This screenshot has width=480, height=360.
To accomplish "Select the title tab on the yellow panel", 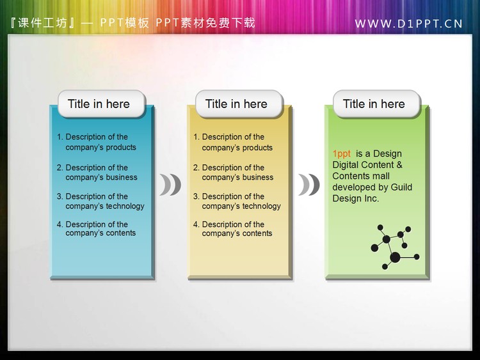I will (236, 104).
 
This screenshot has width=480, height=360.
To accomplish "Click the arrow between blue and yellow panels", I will (170, 185).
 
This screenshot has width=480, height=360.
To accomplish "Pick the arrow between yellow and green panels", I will (308, 185).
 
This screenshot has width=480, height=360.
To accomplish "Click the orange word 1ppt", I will (341, 153).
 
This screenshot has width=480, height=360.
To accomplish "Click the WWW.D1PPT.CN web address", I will (408, 24).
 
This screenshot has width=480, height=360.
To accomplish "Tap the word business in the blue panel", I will (121, 177).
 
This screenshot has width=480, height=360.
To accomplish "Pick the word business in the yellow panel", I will (257, 177).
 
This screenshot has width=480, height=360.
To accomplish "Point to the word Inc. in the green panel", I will (371, 198).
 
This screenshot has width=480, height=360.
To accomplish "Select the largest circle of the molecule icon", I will (395, 257).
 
